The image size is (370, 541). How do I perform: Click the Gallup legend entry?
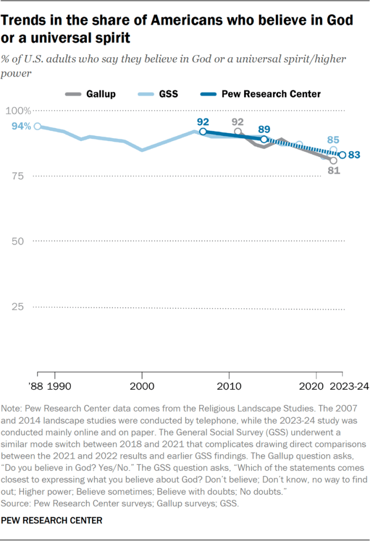click(x=101, y=94)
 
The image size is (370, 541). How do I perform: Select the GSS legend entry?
click(x=168, y=94)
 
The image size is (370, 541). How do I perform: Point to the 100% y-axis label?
click(x=18, y=111)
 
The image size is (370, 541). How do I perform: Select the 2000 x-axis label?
click(x=142, y=387)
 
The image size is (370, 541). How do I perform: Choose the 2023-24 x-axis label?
click(x=349, y=387)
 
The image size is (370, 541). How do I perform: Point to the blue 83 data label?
click(x=355, y=155)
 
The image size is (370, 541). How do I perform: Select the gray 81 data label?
click(x=333, y=171)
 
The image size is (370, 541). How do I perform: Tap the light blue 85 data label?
click(x=333, y=140)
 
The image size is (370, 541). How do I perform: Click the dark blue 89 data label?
click(x=264, y=129)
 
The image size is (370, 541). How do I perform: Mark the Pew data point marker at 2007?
click(x=203, y=131)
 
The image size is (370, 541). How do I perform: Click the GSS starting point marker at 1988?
click(x=37, y=126)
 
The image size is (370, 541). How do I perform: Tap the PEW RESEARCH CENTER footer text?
click(x=52, y=521)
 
